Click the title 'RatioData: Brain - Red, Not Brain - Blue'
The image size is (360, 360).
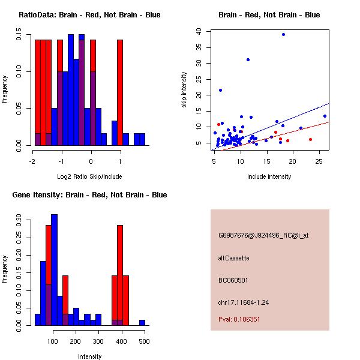pos(89,15)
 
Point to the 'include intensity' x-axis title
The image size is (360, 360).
pos(269,176)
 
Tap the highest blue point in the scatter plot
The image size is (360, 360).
pos(283,34)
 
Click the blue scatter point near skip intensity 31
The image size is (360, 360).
pos(248,59)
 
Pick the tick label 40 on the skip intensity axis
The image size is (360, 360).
pos(206,31)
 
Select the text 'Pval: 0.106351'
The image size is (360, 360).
pos(239,320)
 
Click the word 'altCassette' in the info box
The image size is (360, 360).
pos(233,258)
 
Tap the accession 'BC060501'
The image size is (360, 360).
pos(233,280)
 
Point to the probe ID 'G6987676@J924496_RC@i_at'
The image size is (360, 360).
pos(263,236)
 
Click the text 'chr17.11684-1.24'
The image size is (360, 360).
pos(244,302)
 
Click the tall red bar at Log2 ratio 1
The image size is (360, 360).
pos(120,90)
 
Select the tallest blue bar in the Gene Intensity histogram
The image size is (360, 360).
pos(55,270)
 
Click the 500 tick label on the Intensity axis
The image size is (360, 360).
pos(143,341)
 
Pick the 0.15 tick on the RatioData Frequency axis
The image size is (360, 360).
pos(19,37)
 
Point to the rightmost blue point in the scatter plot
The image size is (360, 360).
pos(325,116)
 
